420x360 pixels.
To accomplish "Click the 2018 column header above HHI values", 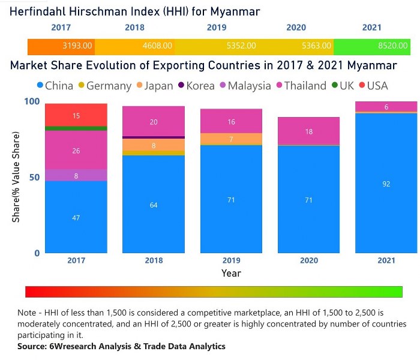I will [134, 28].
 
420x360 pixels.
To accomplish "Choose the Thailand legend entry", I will [301, 86].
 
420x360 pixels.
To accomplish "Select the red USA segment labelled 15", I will [76, 115].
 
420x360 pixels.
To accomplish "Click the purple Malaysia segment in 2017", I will [76, 175].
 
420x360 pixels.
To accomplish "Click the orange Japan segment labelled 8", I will [154, 145].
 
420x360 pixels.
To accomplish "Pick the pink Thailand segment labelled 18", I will [309, 131].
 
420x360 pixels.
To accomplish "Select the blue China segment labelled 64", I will [154, 205].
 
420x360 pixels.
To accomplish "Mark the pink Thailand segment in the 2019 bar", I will [231, 121].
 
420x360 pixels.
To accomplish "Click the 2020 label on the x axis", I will [309, 261].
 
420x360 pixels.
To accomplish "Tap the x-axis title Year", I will [231, 273].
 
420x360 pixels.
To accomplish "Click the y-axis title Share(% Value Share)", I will [16, 179].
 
